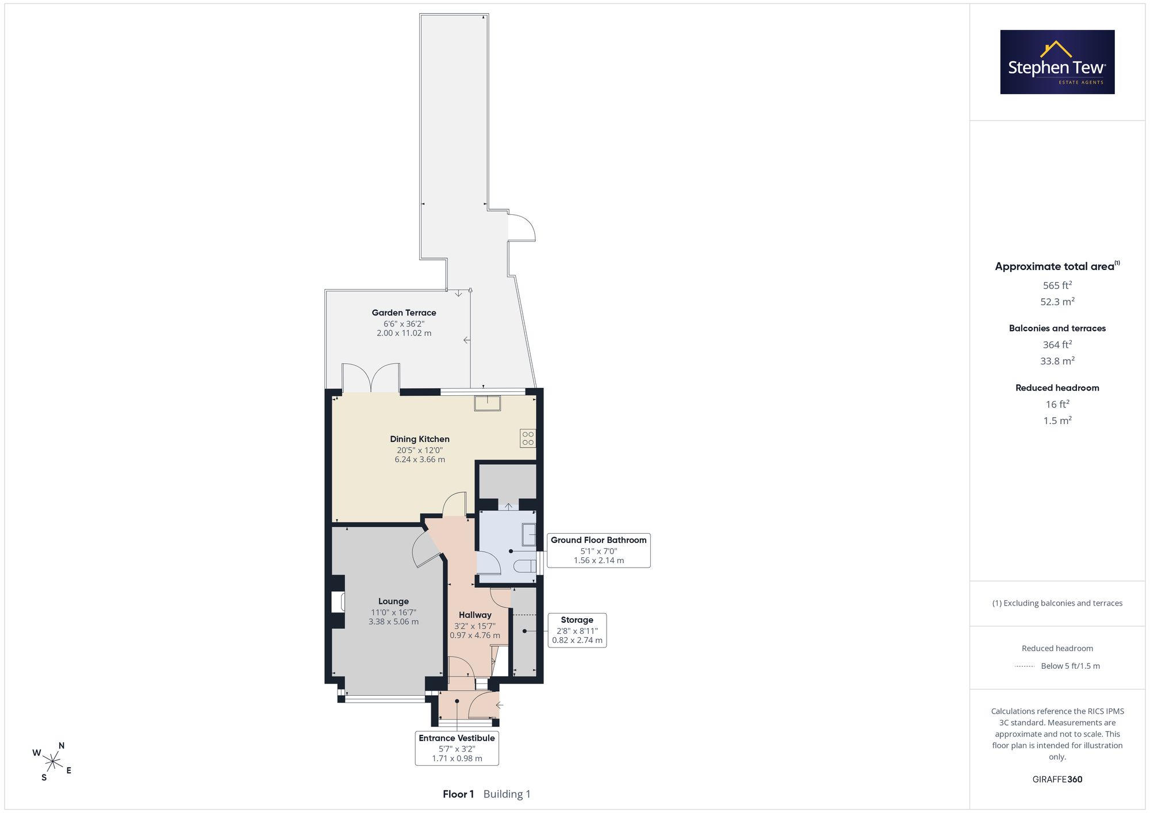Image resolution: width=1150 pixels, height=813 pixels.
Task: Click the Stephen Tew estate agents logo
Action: [x=1057, y=62]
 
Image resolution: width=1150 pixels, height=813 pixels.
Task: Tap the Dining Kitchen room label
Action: [x=420, y=439]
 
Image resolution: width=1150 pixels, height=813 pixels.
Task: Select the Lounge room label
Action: [x=393, y=602]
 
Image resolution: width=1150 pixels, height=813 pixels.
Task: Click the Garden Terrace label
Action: [x=404, y=313]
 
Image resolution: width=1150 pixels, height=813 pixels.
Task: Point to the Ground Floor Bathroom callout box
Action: [x=599, y=550]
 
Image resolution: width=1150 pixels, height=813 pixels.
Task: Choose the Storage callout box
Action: [x=577, y=630]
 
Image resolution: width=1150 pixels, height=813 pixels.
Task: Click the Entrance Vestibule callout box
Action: [x=457, y=748]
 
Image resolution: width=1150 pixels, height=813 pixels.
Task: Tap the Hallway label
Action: [x=475, y=615]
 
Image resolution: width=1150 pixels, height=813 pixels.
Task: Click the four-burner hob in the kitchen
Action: [x=528, y=438]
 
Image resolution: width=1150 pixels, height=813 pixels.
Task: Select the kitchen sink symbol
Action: [x=487, y=403]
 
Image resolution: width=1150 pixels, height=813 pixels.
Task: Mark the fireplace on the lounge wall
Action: [x=338, y=602]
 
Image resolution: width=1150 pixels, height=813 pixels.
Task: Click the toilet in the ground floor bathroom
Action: [x=524, y=566]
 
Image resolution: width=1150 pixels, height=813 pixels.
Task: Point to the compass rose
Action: [x=52, y=762]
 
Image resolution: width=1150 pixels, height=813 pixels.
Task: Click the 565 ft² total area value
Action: [x=1057, y=285]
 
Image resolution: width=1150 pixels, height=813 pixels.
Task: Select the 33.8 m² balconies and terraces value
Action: [x=1057, y=361]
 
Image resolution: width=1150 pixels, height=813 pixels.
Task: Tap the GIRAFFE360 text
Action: [x=1057, y=780]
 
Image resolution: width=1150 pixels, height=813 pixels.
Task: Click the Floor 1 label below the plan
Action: [x=458, y=794]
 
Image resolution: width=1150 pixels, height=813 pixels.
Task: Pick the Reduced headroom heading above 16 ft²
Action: [x=1057, y=388]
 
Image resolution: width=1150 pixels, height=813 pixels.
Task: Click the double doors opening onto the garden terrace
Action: [x=371, y=378]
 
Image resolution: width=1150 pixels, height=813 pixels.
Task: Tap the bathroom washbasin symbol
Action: [x=528, y=534]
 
